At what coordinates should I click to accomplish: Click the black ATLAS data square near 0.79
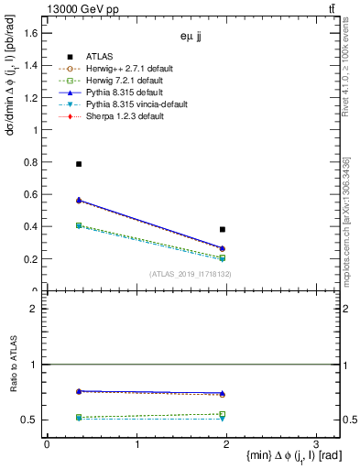coord(79,164)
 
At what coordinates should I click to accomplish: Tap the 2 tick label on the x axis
coord(226,443)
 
